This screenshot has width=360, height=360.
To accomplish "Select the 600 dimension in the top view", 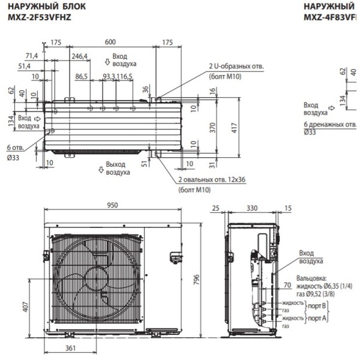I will (110, 42).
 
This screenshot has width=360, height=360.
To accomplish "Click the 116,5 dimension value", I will (125, 77).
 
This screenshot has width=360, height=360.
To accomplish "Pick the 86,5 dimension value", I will (82, 77).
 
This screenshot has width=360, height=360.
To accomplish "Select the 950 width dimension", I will (112, 205).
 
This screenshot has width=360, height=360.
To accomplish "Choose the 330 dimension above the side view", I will (251, 208).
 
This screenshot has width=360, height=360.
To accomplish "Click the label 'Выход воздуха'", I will (118, 168).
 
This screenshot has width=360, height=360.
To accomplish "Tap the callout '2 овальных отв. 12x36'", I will (212, 179).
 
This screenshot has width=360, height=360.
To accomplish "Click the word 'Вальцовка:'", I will (313, 278).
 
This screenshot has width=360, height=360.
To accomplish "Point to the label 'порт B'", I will (318, 305).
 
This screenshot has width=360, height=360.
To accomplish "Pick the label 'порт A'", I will (318, 317).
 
